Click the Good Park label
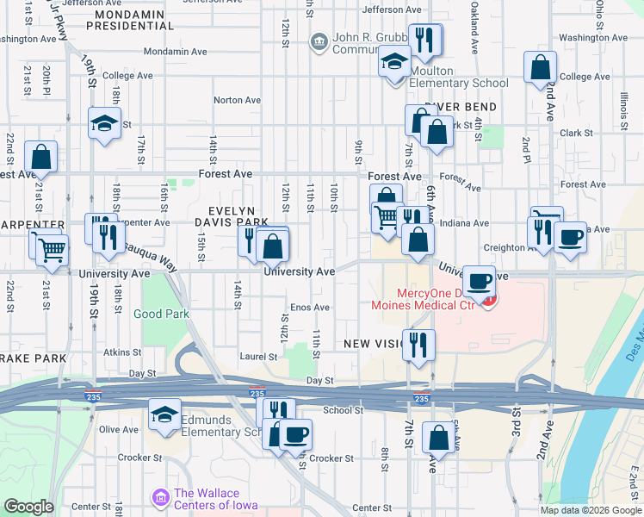tap(161, 315)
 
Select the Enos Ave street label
tap(310, 308)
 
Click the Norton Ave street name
tap(237, 100)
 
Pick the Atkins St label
tap(122, 352)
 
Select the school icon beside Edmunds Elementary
tap(164, 414)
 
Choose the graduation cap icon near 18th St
tap(103, 123)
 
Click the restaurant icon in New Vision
tap(418, 344)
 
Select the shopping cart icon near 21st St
tap(52, 249)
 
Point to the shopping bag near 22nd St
tap(41, 157)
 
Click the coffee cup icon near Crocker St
tap(296, 433)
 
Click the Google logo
tap(28, 507)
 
